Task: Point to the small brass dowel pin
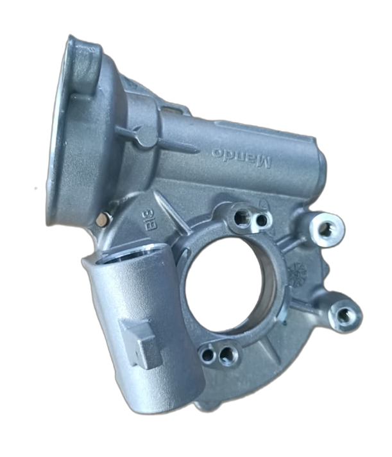(101, 220)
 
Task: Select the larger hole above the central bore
(241, 218)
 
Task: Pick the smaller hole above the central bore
(260, 221)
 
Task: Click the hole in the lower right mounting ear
(345, 315)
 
